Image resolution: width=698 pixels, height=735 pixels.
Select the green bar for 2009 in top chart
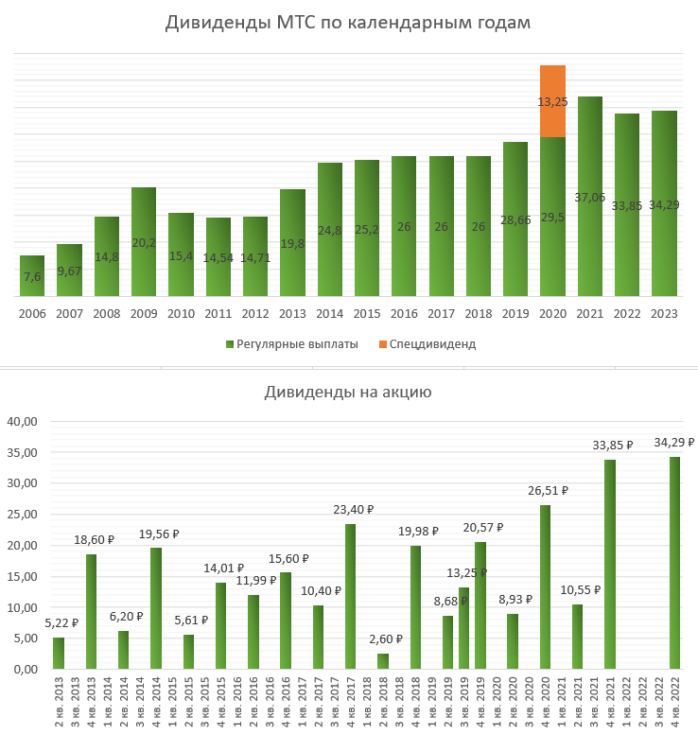click(144, 241)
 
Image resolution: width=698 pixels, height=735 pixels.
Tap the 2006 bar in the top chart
click(32, 275)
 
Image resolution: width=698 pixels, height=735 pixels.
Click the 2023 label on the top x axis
click(664, 313)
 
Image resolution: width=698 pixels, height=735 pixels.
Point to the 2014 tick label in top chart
click(330, 313)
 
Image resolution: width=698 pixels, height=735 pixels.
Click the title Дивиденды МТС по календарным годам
click(348, 23)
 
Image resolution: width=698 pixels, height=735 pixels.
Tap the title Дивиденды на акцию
click(348, 392)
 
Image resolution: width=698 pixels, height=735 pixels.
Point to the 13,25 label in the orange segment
click(552, 101)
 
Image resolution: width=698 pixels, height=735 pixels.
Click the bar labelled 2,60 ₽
click(383, 660)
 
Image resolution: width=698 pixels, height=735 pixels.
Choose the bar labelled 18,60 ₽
click(92, 611)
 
